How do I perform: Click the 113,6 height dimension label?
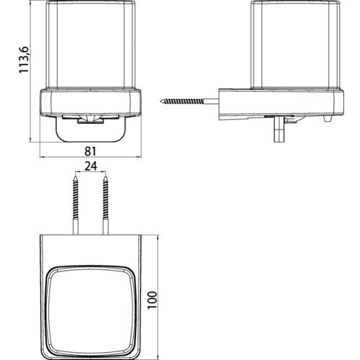coord(24,60)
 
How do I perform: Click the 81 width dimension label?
coord(91,151)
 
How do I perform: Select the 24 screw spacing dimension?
coord(91,166)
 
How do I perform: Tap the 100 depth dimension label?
coord(152,300)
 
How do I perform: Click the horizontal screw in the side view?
coord(189,102)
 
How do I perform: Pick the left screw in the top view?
coord(76,205)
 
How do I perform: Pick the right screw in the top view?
coord(106,205)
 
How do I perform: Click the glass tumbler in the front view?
coord(91,45)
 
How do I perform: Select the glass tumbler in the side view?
coord(294,45)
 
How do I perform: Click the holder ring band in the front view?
coord(91,103)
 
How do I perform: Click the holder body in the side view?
coord(282,104)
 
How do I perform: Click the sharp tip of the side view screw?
coord(161,102)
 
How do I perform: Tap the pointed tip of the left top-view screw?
coord(76,176)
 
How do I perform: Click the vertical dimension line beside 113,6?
coord(30,71)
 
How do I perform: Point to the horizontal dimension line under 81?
coord(91,157)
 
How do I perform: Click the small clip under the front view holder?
coord(91,122)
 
